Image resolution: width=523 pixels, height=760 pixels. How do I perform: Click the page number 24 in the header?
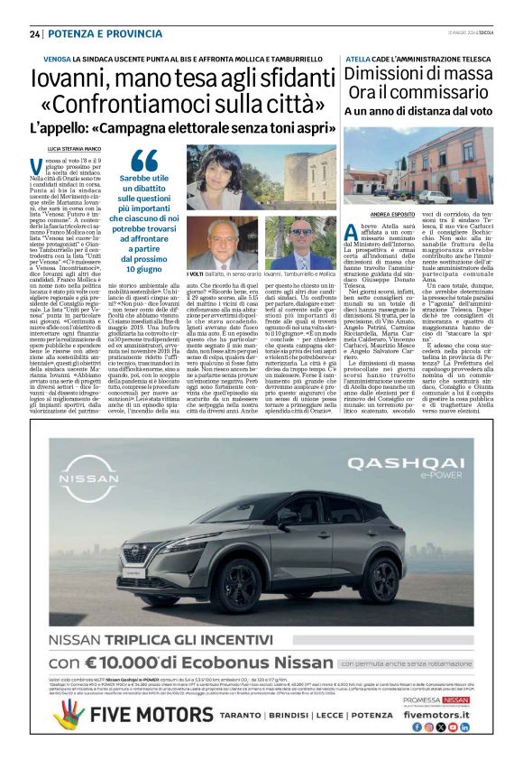(35, 33)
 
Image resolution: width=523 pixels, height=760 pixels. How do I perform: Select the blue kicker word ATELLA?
(359, 59)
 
